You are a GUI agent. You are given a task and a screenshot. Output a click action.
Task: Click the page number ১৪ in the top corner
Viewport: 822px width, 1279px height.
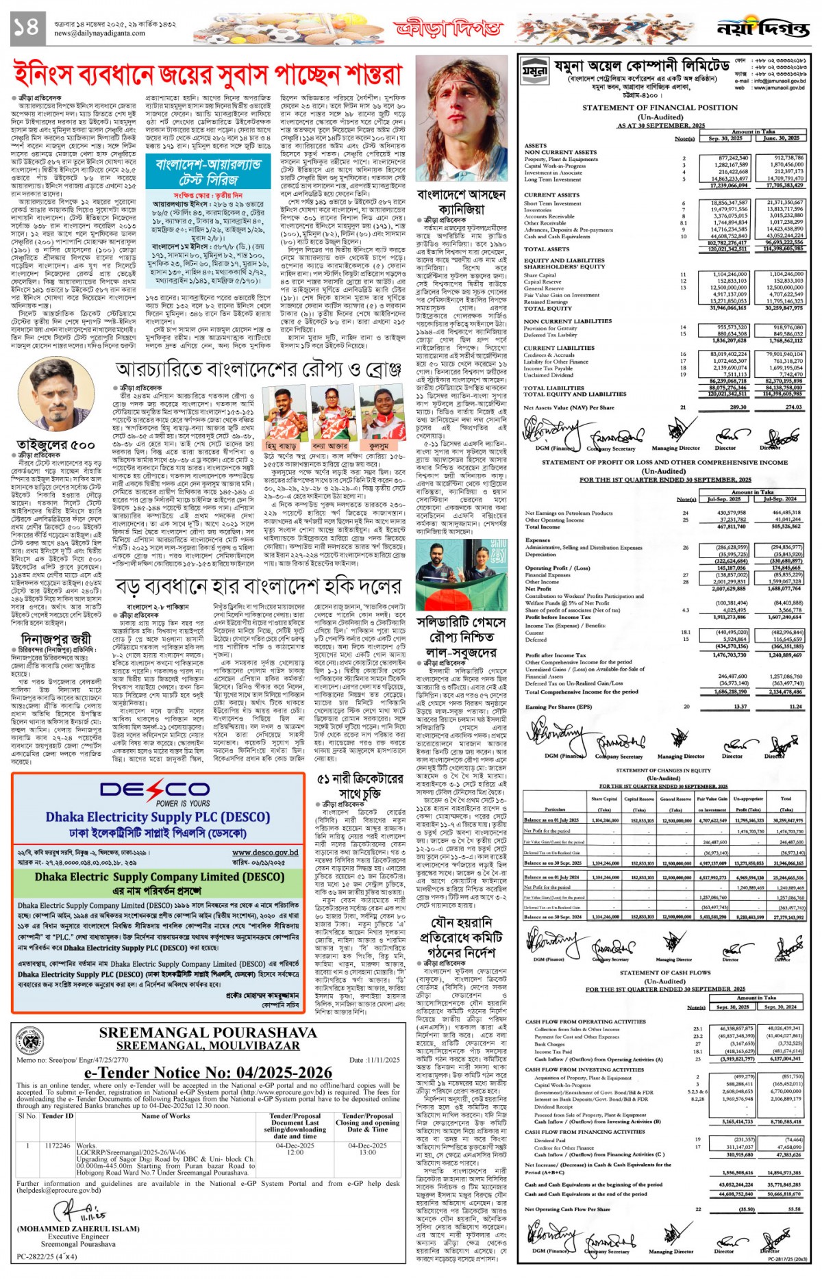(26, 27)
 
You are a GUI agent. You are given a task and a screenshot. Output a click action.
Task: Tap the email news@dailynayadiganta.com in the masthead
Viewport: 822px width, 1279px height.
(99, 33)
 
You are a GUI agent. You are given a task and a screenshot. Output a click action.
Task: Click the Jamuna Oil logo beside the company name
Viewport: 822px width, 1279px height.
(534, 71)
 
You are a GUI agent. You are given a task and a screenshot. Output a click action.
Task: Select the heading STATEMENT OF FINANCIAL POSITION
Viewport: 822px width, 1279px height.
(660, 107)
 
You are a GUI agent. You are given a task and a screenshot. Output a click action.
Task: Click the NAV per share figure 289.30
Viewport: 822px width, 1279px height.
(738, 407)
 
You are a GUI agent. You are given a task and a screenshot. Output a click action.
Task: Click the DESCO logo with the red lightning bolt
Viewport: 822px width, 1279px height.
(154, 789)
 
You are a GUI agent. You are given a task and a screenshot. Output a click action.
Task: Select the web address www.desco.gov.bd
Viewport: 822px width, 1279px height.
(265, 852)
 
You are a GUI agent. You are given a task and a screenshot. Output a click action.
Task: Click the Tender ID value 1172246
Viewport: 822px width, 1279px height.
(58, 1145)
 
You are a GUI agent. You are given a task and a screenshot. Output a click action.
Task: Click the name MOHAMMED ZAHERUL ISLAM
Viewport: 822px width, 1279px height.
(78, 1228)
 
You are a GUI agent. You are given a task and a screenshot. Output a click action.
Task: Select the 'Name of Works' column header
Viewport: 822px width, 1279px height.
(165, 1116)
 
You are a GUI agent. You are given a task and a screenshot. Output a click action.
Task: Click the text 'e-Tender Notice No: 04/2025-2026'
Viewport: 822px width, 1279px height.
(208, 1073)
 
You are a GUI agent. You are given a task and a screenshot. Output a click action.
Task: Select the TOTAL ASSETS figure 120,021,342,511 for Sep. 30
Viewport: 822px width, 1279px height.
(727, 249)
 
